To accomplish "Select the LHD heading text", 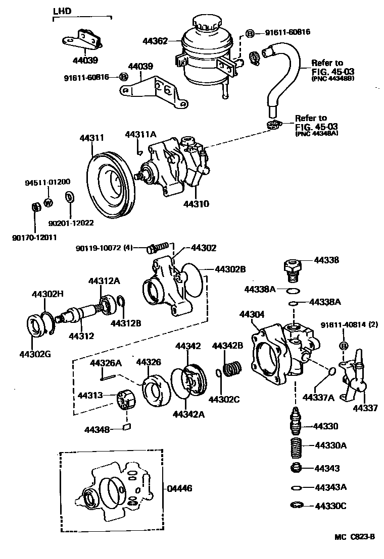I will click(x=62, y=10).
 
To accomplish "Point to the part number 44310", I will click(x=196, y=204).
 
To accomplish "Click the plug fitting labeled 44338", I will click(x=293, y=268).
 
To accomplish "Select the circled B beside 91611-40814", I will click(x=344, y=346).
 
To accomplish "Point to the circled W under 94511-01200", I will click(x=49, y=203).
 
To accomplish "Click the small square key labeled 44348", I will click(x=127, y=428).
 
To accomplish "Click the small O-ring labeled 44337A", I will click(x=331, y=372).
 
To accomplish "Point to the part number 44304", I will click(x=252, y=314).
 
